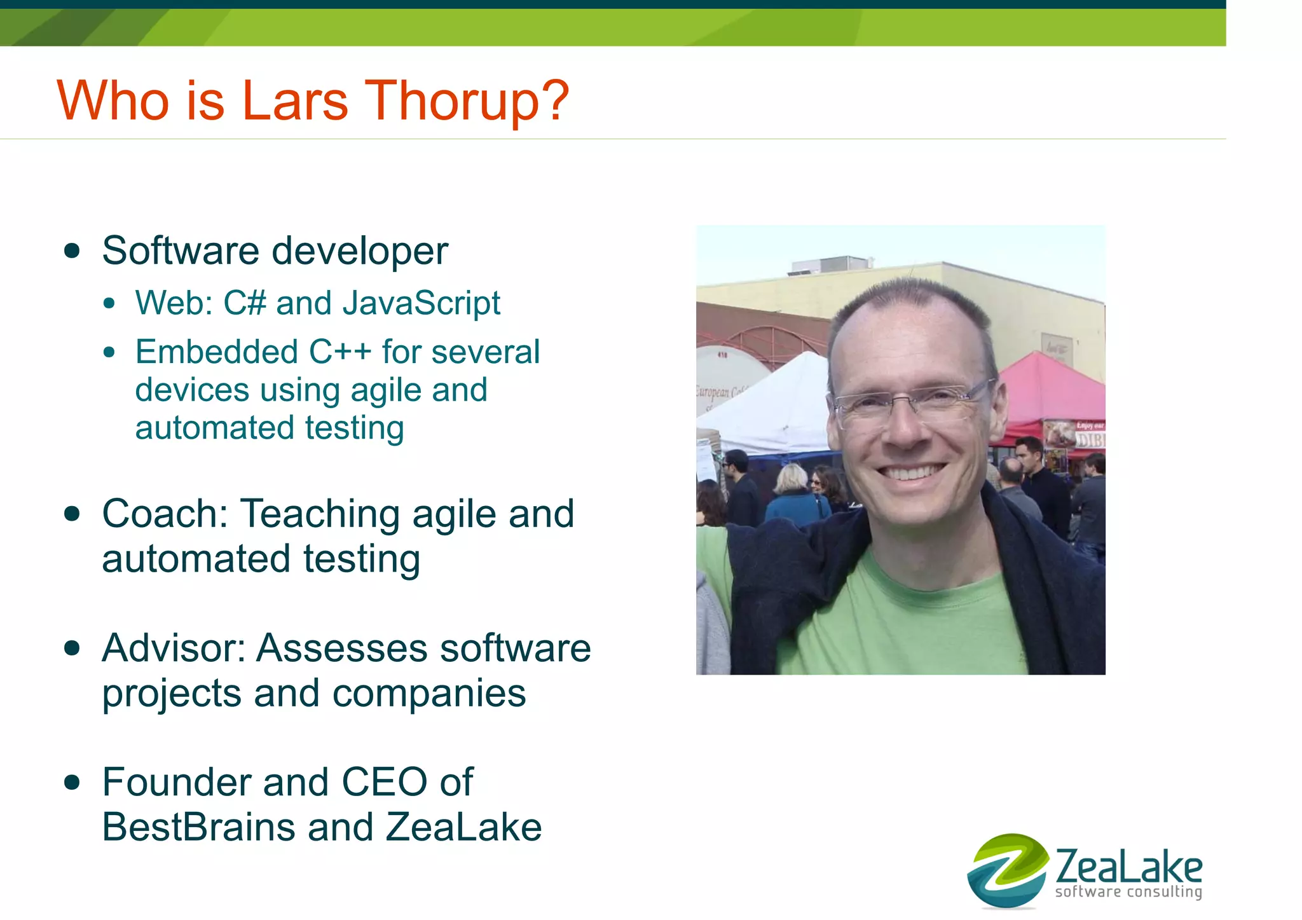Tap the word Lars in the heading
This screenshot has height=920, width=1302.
click(295, 100)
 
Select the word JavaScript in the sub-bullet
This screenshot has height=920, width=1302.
click(421, 303)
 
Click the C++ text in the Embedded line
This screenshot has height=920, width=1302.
click(339, 352)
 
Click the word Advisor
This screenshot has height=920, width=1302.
click(174, 648)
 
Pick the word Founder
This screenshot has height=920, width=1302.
click(176, 782)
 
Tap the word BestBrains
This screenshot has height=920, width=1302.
click(199, 827)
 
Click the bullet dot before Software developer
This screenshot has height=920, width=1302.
click(72, 251)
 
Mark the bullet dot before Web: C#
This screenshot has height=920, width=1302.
click(110, 303)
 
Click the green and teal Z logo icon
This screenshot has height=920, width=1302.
click(1007, 870)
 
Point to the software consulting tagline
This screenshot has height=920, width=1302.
click(1128, 892)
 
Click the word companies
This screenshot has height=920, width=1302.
click(429, 693)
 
